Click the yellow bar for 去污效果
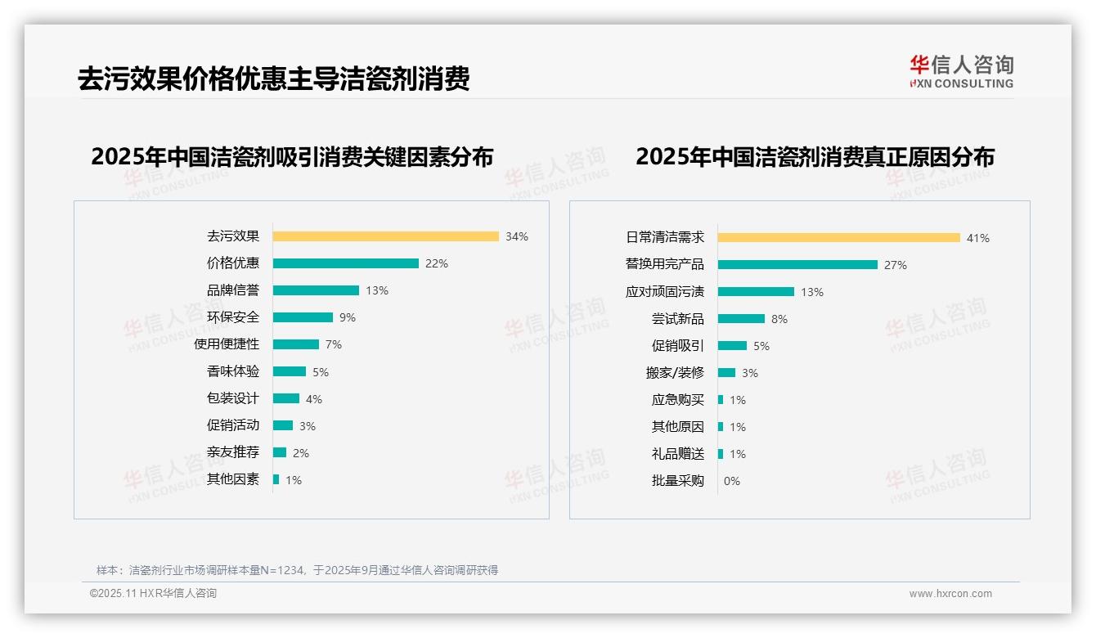(385, 236)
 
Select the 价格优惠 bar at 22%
(345, 263)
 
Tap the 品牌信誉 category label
(233, 290)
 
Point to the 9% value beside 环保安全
(348, 317)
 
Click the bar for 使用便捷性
(295, 344)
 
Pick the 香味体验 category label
(233, 371)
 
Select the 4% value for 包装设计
(314, 399)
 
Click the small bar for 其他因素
(276, 479)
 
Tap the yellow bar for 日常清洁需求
(838, 238)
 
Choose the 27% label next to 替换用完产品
(896, 265)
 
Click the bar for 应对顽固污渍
(756, 291)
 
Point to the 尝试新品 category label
(677, 319)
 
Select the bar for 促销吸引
(732, 346)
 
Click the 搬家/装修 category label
(675, 373)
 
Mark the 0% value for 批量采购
(732, 481)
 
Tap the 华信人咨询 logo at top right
(961, 72)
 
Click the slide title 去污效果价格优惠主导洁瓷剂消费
(274, 79)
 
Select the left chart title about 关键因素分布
(292, 157)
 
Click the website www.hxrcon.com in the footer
(950, 594)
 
